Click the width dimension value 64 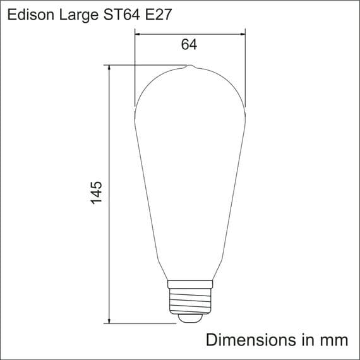[189, 45]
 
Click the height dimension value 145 [96, 192]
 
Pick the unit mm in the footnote [333, 339]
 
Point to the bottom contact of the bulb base [189, 320]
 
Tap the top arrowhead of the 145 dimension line [110, 69]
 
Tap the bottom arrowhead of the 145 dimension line [110, 321]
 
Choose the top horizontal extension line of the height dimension [145, 66]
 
